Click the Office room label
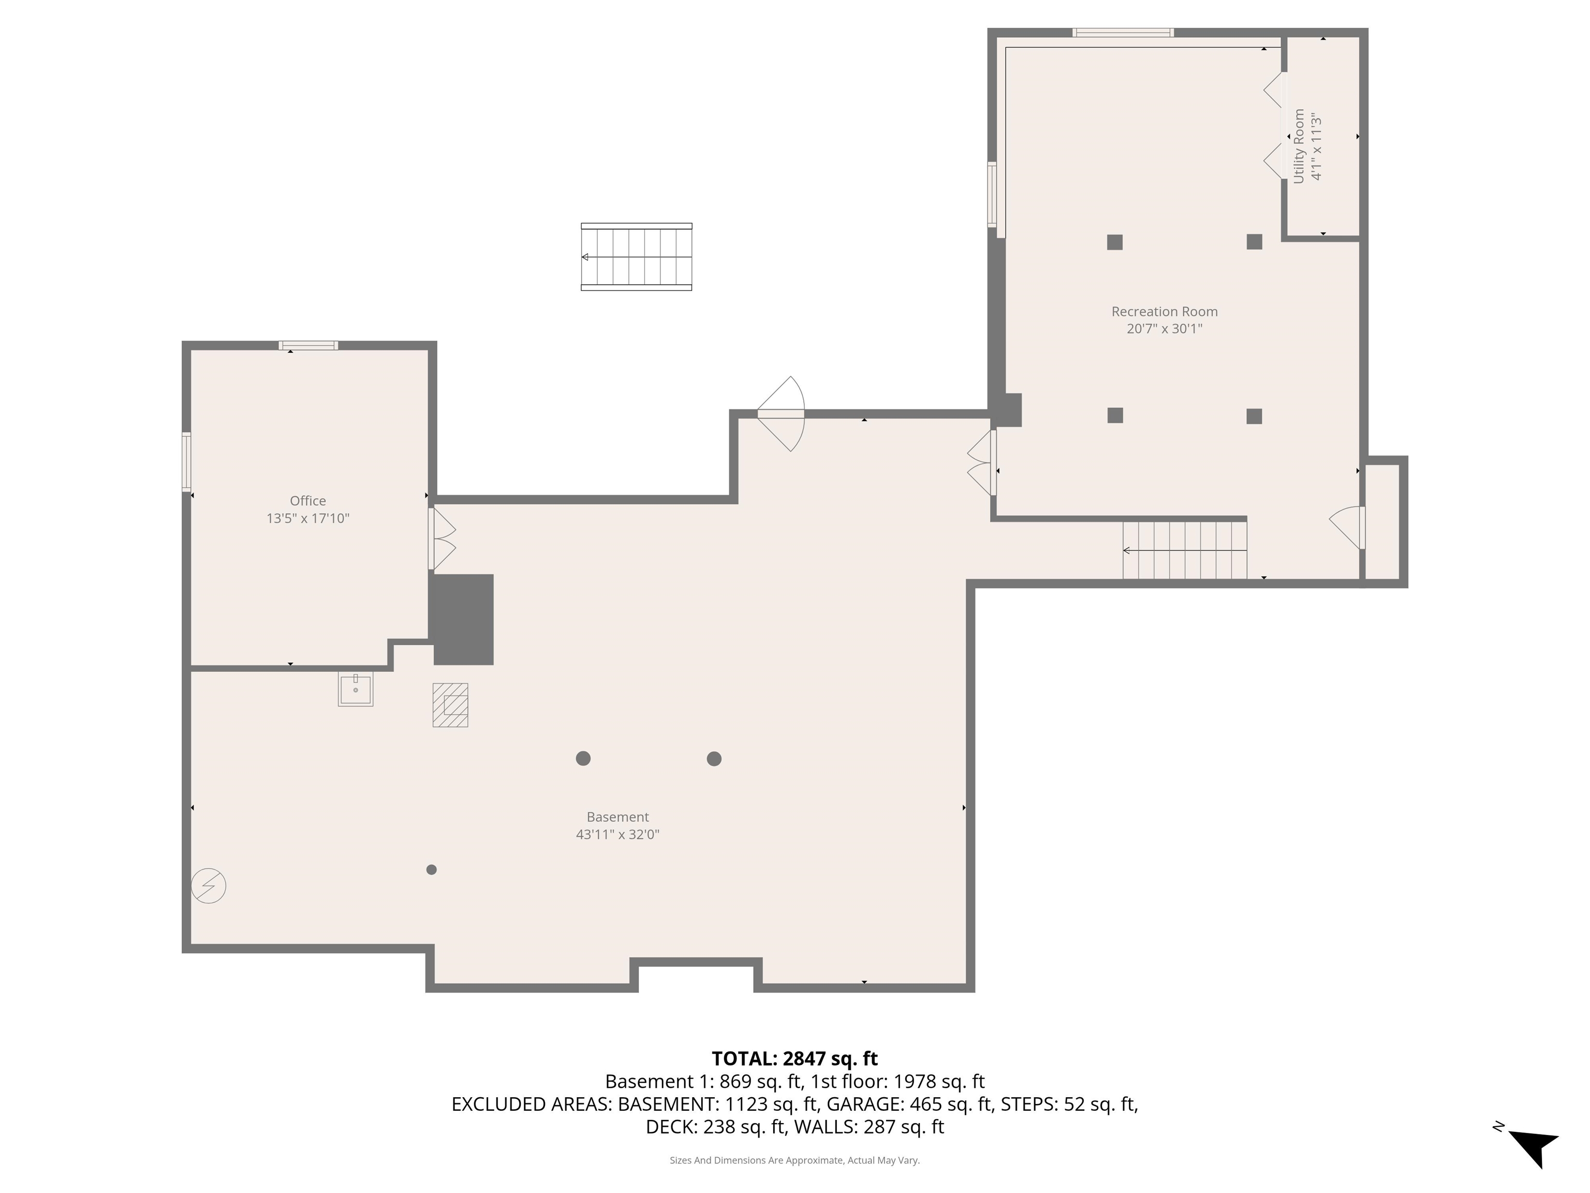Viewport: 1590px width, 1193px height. tap(307, 501)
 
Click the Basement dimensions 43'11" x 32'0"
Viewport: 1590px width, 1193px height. tap(617, 834)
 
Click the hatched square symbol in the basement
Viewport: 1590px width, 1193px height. tap(450, 705)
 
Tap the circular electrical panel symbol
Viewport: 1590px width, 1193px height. tap(209, 885)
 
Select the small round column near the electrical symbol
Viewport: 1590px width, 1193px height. tap(431, 869)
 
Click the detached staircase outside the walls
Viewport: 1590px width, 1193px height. tap(636, 257)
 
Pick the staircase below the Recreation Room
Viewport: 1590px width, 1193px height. tap(1185, 550)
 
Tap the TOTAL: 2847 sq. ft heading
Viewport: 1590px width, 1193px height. tap(794, 1058)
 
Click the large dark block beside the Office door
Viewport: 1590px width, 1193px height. tap(462, 619)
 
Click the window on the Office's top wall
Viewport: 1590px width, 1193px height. tap(308, 345)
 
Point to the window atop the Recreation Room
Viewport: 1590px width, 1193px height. tap(1123, 32)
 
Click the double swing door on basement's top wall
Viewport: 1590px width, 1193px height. tap(782, 414)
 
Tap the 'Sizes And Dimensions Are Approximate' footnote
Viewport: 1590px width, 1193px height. tap(794, 1160)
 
